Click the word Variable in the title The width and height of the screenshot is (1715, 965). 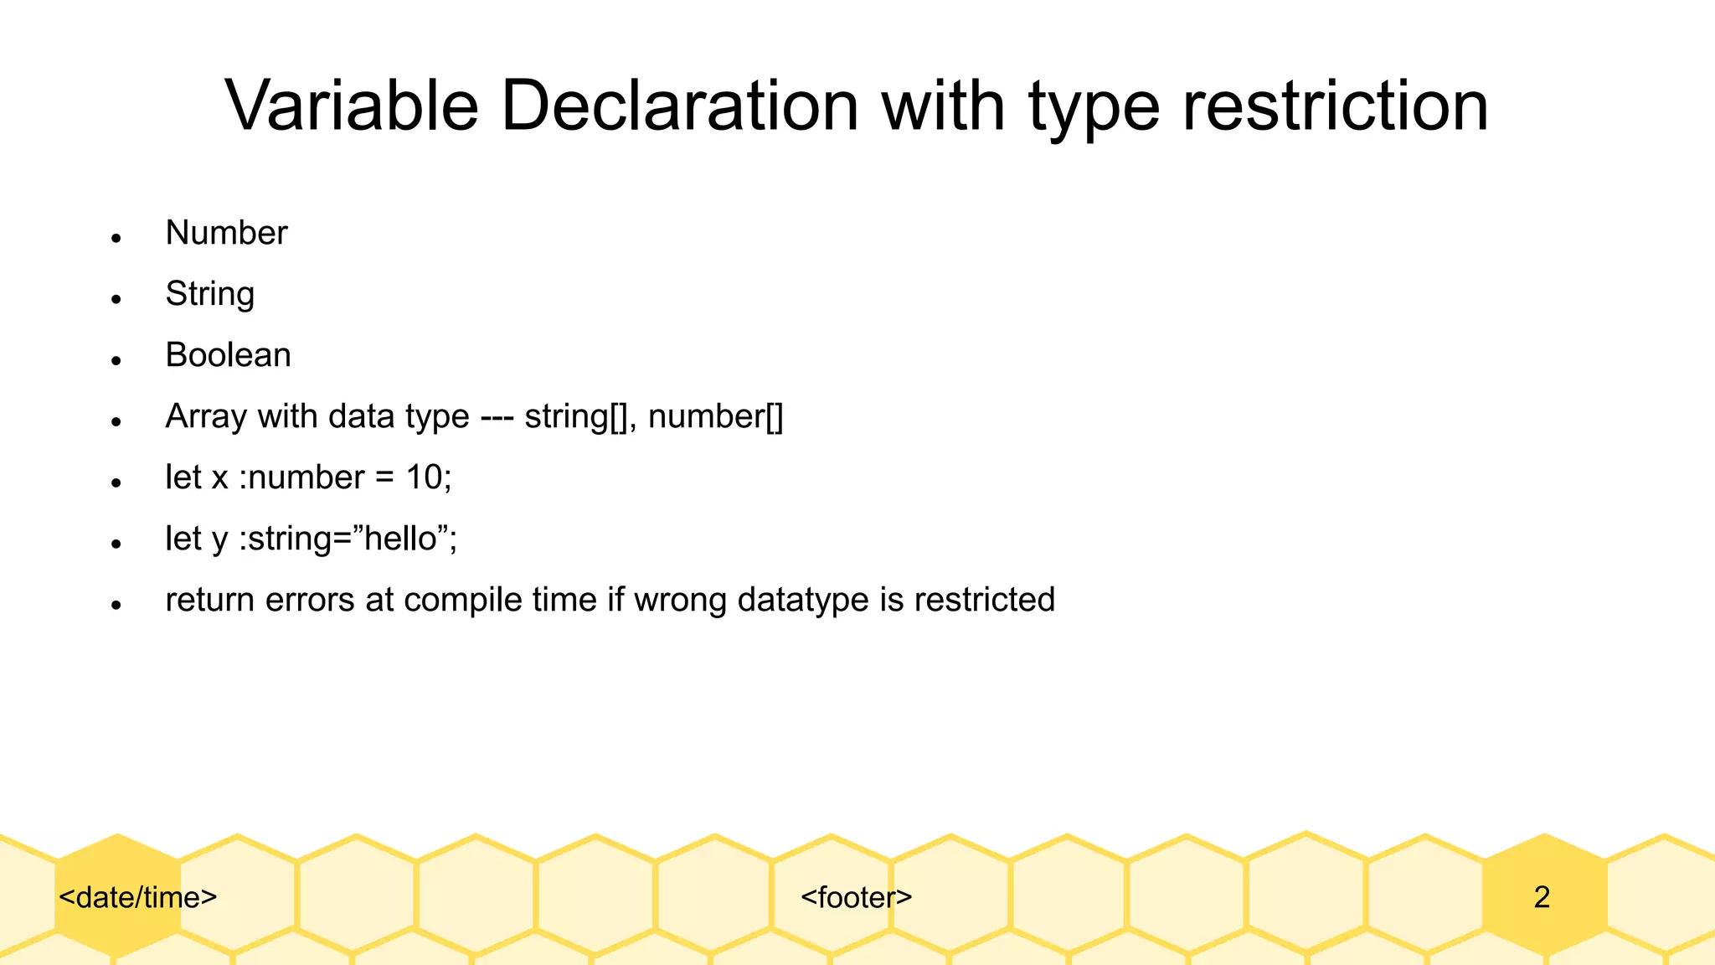(x=352, y=106)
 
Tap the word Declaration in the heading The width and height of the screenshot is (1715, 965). (x=680, y=106)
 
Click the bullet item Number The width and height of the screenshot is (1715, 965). (x=226, y=233)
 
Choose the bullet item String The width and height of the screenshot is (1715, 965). (x=209, y=294)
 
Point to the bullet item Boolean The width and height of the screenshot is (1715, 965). (x=228, y=355)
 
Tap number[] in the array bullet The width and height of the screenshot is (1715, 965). (x=716, y=416)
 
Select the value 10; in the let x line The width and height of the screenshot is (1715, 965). (x=429, y=477)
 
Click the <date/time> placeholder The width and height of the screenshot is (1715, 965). (x=138, y=897)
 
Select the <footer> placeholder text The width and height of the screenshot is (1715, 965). (x=856, y=897)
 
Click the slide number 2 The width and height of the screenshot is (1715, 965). (x=1542, y=897)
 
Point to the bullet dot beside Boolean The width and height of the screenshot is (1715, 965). (x=116, y=361)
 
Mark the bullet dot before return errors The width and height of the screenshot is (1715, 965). (x=116, y=606)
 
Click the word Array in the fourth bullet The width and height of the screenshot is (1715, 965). (x=206, y=416)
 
